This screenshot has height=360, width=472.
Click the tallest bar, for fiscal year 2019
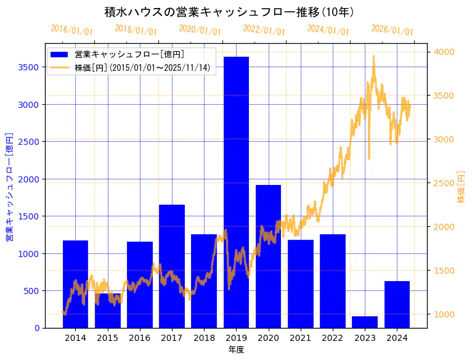[x=236, y=191]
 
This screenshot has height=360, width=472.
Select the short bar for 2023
[x=365, y=322]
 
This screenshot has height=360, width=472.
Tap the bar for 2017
[x=172, y=265]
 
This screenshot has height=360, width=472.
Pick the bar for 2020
[x=268, y=256]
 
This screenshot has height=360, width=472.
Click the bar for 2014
[x=75, y=284]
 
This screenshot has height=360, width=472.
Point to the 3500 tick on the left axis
[x=30, y=67]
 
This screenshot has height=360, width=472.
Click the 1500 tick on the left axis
[x=30, y=216]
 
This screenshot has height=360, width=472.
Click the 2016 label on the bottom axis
[x=140, y=338]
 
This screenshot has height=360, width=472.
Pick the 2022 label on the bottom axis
[x=333, y=338]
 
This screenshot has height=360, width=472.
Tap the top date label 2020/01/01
[x=200, y=30]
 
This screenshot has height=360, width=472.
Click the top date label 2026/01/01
[x=392, y=30]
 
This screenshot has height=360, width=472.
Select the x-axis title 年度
[x=236, y=350]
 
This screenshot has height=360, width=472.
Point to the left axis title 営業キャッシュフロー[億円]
[x=9, y=186]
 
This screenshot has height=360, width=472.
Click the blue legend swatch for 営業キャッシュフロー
[x=60, y=54]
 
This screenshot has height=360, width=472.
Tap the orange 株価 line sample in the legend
[x=60, y=67]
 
